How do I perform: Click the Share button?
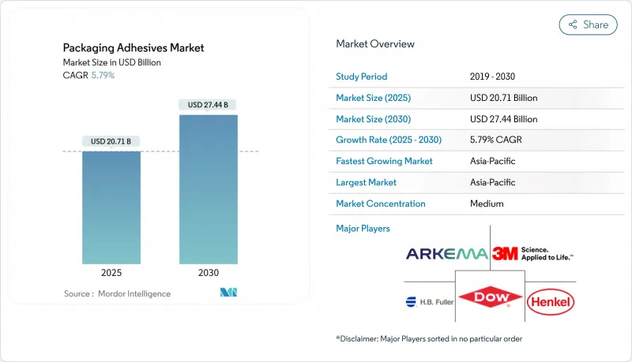[x=589, y=24]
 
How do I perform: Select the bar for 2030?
[x=209, y=189]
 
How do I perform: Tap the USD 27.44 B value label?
[x=209, y=104]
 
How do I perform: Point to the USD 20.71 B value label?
[x=111, y=141]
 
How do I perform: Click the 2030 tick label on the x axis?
[x=209, y=272]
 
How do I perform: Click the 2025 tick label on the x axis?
[x=111, y=272]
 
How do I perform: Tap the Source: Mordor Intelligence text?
[x=117, y=293]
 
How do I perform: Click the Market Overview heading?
[x=375, y=44]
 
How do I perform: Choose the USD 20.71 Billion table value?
[x=503, y=98]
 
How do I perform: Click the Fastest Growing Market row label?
[x=385, y=161]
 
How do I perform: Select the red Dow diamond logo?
[x=490, y=299]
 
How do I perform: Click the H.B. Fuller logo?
[x=430, y=300]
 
